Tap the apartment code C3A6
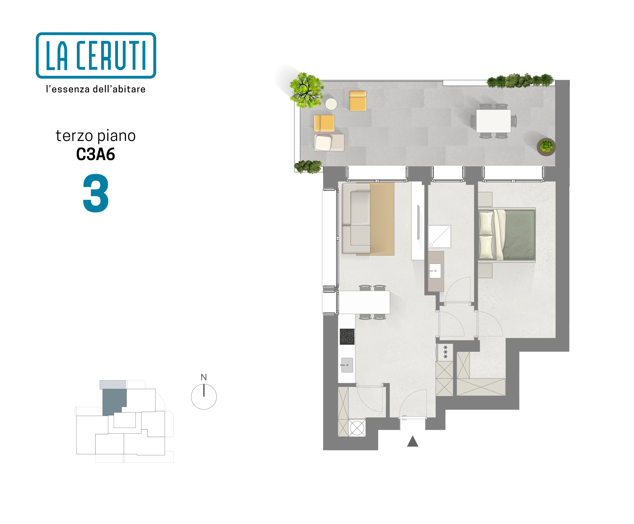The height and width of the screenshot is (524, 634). click(96, 154)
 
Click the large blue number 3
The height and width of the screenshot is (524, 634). click(96, 193)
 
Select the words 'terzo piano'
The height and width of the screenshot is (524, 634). click(96, 136)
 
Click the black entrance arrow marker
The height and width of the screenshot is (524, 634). click(413, 441)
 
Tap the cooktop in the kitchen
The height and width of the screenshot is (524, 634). click(347, 337)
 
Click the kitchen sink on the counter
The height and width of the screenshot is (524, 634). click(347, 365)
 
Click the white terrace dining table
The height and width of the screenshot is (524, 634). click(493, 121)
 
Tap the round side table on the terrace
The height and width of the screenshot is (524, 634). click(331, 104)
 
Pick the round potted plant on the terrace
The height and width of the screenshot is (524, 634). click(546, 147)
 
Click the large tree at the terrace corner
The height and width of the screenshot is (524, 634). click(306, 90)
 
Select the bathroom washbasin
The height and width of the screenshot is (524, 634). click(435, 271)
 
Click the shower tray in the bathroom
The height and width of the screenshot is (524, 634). click(439, 237)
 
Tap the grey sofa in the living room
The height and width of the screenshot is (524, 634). click(356, 218)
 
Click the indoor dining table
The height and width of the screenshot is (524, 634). click(364, 302)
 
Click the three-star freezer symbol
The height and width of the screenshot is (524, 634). click(445, 352)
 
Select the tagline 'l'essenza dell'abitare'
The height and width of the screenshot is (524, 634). click(96, 89)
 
